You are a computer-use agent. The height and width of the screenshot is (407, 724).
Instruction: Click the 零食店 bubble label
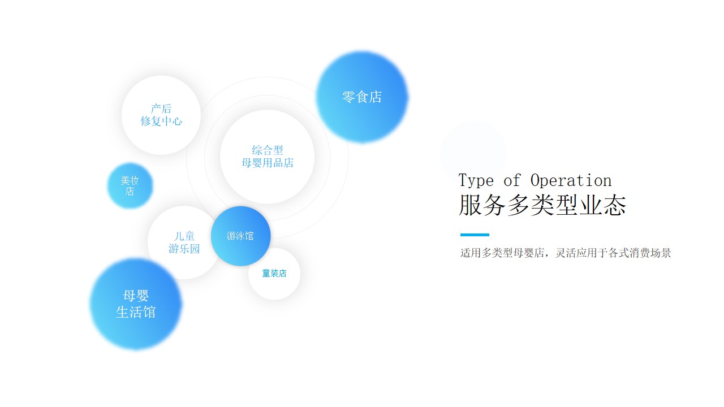click(x=362, y=97)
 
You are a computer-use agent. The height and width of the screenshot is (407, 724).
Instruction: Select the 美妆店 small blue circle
click(x=130, y=185)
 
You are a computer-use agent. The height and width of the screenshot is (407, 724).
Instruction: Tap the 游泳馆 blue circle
click(x=240, y=236)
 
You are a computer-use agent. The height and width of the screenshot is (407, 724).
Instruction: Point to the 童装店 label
click(x=274, y=273)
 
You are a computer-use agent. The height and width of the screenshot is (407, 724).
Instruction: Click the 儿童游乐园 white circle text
click(x=184, y=243)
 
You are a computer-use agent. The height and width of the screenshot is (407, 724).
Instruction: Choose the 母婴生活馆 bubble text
click(x=136, y=304)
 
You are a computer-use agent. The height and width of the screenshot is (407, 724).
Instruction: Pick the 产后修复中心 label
click(x=161, y=115)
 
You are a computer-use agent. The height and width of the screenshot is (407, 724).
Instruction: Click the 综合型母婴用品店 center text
click(x=268, y=157)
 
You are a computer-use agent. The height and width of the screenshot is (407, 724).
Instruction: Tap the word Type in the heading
click(x=476, y=180)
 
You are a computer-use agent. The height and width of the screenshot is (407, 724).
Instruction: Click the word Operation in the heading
click(x=571, y=180)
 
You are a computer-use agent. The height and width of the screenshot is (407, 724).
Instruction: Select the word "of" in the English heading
click(x=512, y=180)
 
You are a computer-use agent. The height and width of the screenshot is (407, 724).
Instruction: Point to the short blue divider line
click(x=475, y=235)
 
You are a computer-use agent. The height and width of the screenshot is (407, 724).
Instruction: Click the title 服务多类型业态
click(x=542, y=205)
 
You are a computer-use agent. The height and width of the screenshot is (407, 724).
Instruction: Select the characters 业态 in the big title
click(x=603, y=205)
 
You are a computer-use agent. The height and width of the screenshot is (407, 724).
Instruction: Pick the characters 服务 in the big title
click(x=482, y=205)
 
